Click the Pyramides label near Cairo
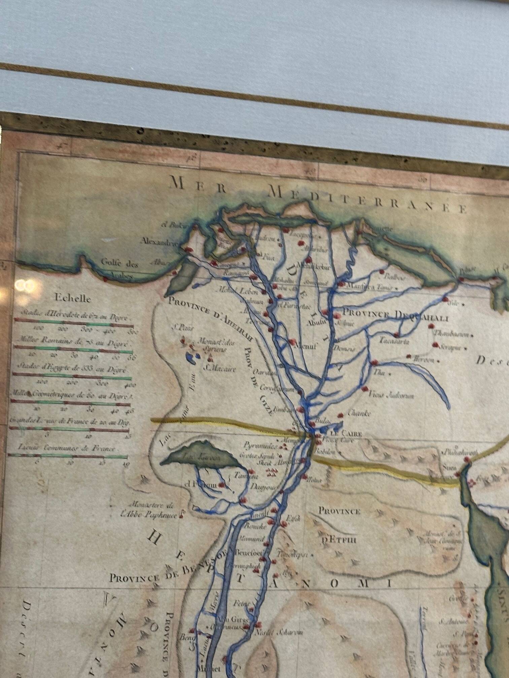click(x=261, y=447)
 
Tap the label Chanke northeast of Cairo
click(x=360, y=413)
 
